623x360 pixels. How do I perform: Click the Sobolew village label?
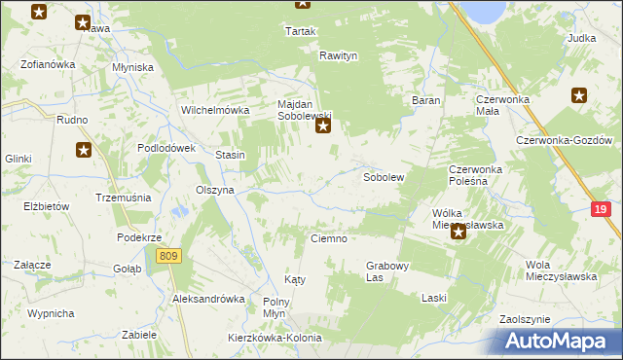384,178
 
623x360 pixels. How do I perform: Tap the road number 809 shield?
167,255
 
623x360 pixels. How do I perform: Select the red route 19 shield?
602,209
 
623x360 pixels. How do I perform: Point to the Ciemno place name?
329,238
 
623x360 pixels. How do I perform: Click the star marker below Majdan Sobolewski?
324,125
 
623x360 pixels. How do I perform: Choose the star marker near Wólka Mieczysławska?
458,232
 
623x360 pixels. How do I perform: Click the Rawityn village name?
339,56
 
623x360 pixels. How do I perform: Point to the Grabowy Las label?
387,270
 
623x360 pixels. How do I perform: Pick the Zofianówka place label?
49,65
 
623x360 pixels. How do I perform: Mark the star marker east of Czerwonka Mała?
579,95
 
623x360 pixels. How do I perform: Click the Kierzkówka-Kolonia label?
274,338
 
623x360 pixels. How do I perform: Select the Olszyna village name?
215,191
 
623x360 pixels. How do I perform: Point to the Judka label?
581,39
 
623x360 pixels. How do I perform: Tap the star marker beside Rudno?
84,149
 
